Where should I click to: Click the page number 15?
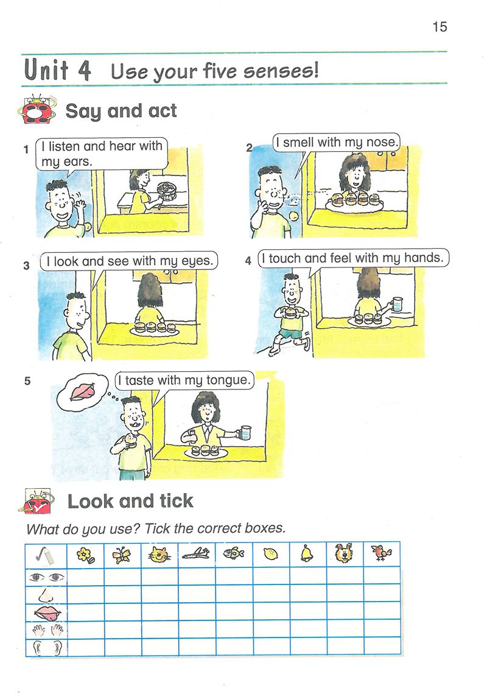click(x=440, y=27)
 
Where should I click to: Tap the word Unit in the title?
click(x=46, y=70)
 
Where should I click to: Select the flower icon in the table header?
click(x=85, y=555)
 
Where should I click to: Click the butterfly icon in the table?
click(x=122, y=555)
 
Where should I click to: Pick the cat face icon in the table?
click(x=159, y=555)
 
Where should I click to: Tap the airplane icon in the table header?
click(x=196, y=553)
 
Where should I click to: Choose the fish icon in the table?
click(x=234, y=553)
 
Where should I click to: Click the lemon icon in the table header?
click(x=270, y=554)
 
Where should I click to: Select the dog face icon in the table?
click(x=344, y=553)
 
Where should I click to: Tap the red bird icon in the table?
click(x=382, y=553)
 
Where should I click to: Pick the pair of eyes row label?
click(x=47, y=578)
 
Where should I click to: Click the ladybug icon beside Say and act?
click(x=37, y=110)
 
